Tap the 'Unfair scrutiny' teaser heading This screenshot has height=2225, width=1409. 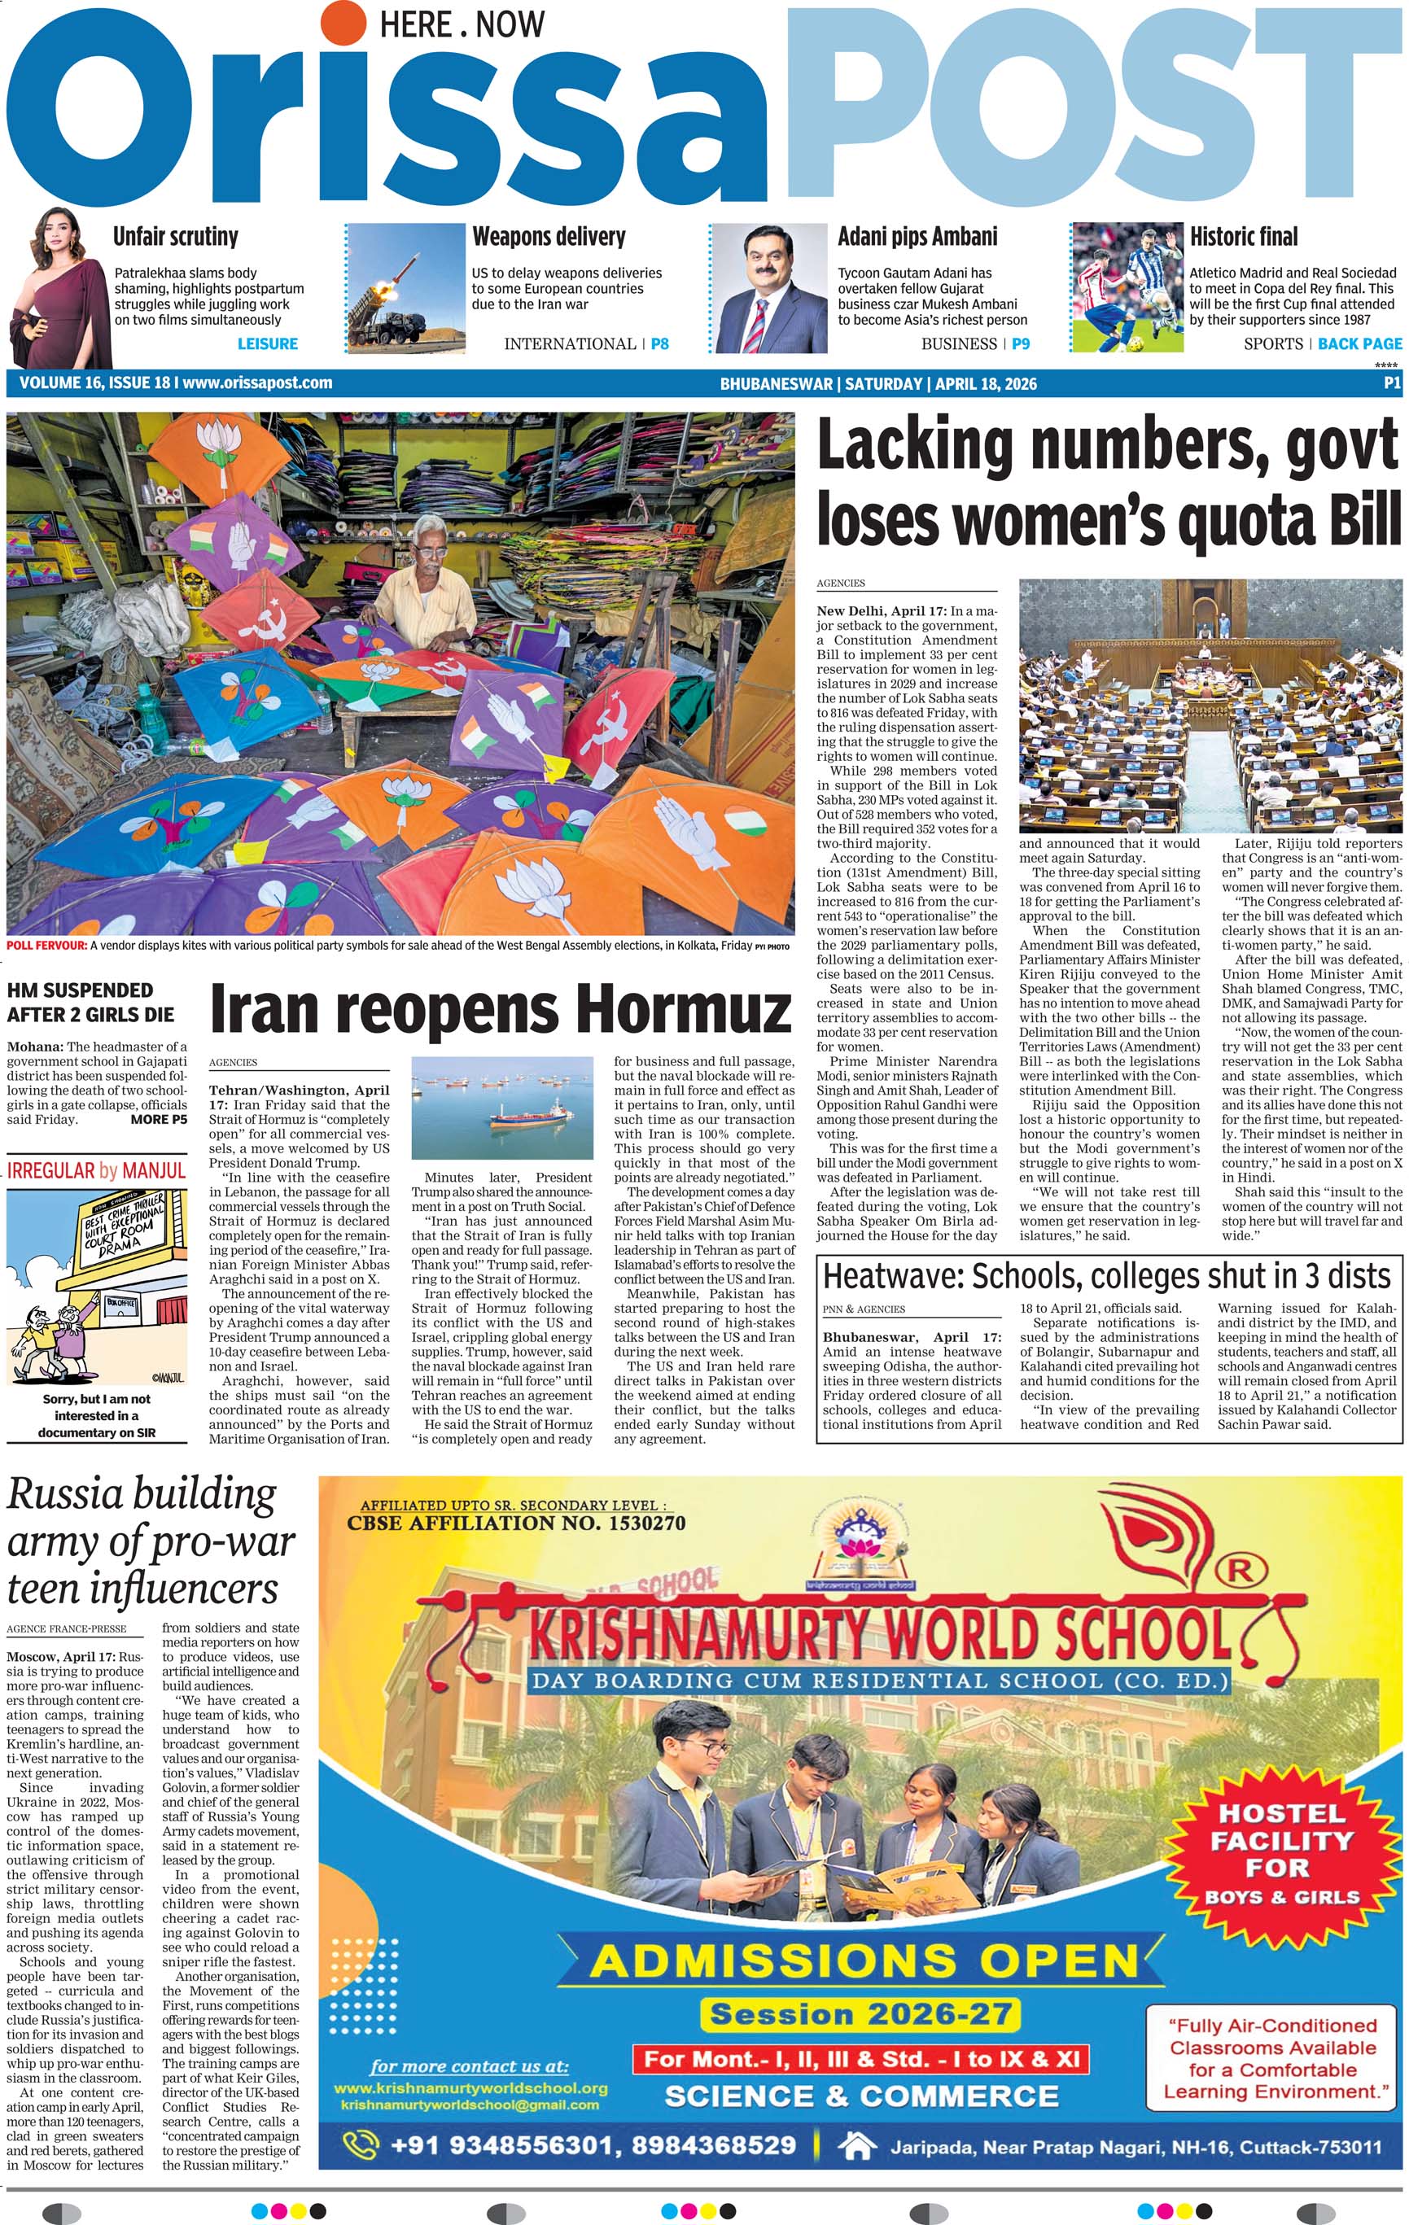coord(176,237)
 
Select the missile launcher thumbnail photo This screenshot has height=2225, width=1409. coord(405,288)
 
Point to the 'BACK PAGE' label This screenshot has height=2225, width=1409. coord(1359,343)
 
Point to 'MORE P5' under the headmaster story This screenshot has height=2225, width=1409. coord(159,1119)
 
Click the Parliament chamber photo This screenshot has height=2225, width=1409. coord(1210,706)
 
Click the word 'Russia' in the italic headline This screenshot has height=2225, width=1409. coord(63,1493)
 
